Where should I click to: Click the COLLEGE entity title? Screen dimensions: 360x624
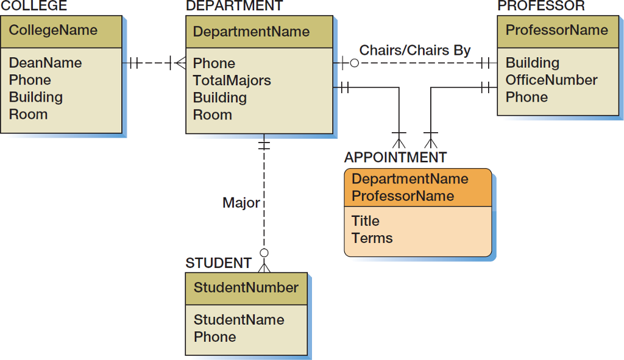[x=34, y=6]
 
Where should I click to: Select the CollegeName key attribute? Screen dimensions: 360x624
[x=53, y=30]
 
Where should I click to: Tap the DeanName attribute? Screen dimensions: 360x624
[x=45, y=63]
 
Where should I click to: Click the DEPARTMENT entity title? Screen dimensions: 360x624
[x=234, y=6]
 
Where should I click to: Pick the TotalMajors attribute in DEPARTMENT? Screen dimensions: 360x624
[x=232, y=80]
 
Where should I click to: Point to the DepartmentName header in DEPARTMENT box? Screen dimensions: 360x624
[x=251, y=32]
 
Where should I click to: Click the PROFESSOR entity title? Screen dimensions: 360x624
[x=541, y=6]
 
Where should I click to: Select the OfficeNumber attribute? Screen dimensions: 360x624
[x=551, y=80]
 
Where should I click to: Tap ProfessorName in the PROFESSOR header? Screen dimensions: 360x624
[x=556, y=30]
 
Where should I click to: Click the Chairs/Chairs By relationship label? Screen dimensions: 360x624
[x=415, y=50]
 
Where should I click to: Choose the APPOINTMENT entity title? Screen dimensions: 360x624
[x=395, y=157]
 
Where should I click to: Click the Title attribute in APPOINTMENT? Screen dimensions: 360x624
[x=366, y=221]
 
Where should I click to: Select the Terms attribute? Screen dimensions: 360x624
[x=372, y=238]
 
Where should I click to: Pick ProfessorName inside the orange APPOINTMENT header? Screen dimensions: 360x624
[x=403, y=196]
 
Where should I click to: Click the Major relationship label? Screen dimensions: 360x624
[x=241, y=203]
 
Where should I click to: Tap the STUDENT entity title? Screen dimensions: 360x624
[x=218, y=263]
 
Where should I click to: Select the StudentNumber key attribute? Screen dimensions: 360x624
[x=246, y=288]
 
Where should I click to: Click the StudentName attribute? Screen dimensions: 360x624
[x=239, y=320]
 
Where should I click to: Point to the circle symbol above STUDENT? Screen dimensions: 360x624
[x=264, y=253]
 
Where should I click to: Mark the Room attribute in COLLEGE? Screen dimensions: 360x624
[x=28, y=114]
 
